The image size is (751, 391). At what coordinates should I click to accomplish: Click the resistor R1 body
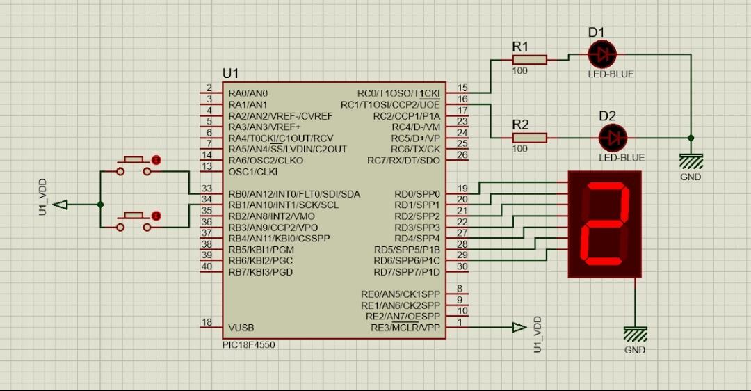[529, 60]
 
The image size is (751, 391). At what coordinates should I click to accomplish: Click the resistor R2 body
[529, 138]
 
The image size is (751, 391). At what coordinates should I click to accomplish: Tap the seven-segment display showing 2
[604, 223]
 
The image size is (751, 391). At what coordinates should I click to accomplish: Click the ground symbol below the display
[635, 334]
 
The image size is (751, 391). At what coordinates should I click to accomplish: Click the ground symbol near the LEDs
[691, 161]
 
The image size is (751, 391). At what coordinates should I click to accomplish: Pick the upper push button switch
[135, 165]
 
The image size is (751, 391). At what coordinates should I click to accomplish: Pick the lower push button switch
[135, 221]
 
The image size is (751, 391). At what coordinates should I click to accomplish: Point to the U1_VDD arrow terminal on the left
[61, 205]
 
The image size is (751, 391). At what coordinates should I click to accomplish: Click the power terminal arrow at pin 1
[519, 328]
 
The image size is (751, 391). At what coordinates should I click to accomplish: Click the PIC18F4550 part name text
[248, 345]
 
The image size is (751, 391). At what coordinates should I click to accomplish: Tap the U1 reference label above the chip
[230, 73]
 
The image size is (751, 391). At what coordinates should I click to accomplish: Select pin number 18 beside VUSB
[207, 322]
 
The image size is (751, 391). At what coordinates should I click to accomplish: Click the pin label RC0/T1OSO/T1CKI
[398, 93]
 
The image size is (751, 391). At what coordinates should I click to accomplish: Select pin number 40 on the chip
[207, 266]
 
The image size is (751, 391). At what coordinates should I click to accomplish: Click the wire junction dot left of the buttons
[101, 205]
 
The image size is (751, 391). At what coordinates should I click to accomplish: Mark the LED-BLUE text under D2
[621, 158]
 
